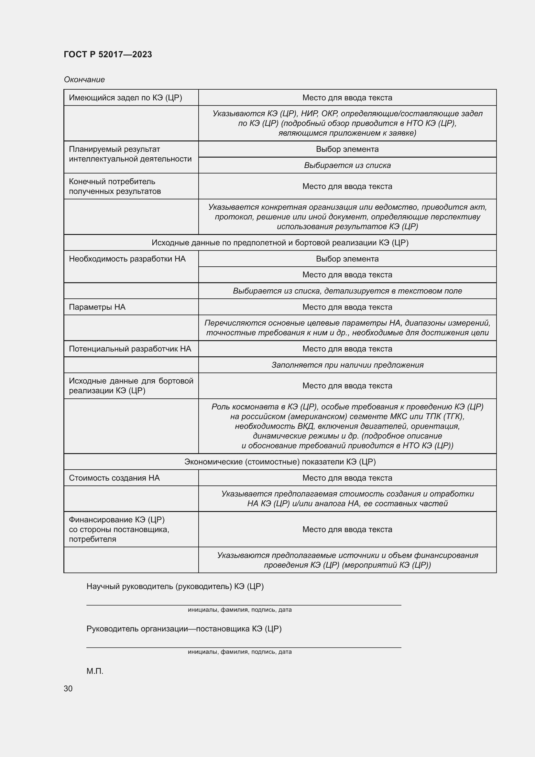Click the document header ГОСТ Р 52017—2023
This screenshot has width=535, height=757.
108,54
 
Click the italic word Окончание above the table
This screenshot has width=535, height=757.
84,80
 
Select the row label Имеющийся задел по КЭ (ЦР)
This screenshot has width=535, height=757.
125,98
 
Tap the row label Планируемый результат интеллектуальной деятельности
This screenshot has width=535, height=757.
130,154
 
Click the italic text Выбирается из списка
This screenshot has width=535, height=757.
347,165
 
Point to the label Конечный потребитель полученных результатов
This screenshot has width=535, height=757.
115,186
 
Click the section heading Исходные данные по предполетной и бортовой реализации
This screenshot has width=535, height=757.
280,243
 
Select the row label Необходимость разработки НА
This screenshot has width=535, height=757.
127,259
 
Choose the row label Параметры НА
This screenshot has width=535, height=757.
97,307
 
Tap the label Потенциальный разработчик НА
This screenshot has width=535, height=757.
130,349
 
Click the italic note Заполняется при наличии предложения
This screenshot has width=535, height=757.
347,365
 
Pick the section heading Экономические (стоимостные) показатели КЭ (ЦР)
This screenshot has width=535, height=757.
280,462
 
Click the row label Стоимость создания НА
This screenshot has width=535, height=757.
114,478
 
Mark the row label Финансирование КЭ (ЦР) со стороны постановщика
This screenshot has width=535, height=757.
119,529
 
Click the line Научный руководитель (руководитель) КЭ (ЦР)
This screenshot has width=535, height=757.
175,586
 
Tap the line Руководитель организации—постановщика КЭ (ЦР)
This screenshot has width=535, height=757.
184,629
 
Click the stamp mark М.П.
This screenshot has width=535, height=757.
95,671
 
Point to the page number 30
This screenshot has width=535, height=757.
68,688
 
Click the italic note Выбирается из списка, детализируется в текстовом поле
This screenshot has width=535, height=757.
347,291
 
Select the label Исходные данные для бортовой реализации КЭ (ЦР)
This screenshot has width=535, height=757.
131,386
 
